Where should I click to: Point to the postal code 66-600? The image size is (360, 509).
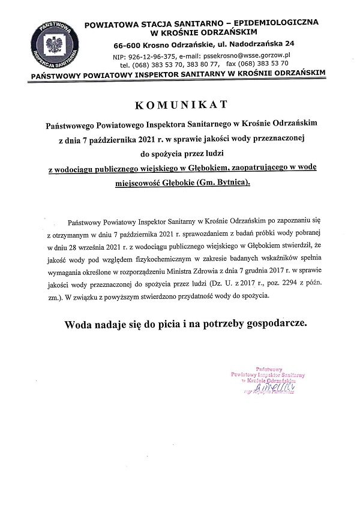coord(133,44)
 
